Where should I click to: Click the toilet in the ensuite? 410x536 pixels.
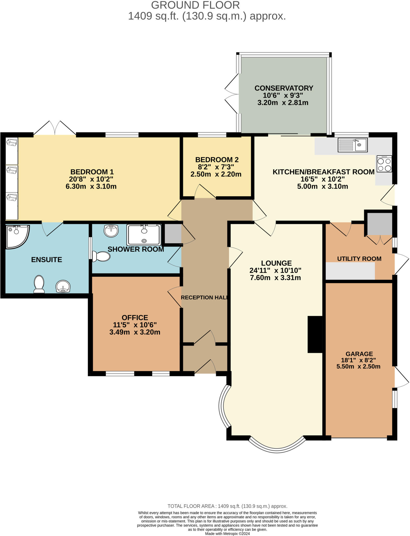(39, 284)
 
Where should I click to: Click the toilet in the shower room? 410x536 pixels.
(101, 256)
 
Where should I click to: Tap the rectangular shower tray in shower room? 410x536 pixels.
(144, 234)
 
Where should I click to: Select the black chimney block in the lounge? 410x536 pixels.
(315, 334)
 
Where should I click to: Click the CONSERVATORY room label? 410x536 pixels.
(284, 88)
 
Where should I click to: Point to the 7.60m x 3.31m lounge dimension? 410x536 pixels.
(275, 278)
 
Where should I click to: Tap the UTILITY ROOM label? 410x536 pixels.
(359, 259)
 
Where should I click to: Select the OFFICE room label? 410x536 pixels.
(135, 317)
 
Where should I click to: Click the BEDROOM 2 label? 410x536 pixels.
(217, 160)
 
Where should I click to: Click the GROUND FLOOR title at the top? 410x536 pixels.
(195, 5)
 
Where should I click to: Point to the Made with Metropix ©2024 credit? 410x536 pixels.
(227, 533)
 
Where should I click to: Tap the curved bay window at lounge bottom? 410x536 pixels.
(277, 447)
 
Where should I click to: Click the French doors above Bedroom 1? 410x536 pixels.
(55, 129)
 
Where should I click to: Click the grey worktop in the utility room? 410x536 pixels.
(350, 271)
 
